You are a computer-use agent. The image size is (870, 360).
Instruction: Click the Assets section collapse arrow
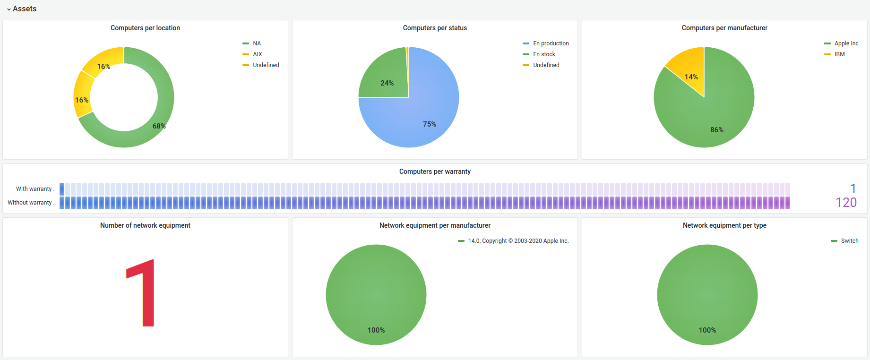pos(9,9)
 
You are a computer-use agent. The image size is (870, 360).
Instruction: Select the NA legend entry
pos(257,43)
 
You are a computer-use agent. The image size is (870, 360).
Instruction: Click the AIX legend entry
pos(257,54)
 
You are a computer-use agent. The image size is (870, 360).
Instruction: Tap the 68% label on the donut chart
pos(159,126)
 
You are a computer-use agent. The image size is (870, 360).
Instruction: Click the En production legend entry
pos(551,43)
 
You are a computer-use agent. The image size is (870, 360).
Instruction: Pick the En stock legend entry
pos(544,54)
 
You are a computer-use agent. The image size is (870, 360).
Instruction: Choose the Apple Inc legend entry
pos(846,43)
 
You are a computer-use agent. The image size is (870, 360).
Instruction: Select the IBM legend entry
pos(839,54)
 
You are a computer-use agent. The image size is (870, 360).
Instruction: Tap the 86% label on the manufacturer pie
pos(716,130)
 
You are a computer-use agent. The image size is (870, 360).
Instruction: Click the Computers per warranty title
pos(435,171)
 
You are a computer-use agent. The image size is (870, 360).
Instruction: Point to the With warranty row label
pos(34,189)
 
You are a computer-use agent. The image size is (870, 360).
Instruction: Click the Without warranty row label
pos(30,203)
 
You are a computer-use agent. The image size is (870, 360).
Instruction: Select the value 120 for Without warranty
pos(846,203)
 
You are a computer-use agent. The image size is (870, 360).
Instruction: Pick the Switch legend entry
pos(849,241)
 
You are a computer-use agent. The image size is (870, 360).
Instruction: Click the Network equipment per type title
pos(724,225)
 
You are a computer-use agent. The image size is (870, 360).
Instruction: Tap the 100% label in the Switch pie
pos(707,330)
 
